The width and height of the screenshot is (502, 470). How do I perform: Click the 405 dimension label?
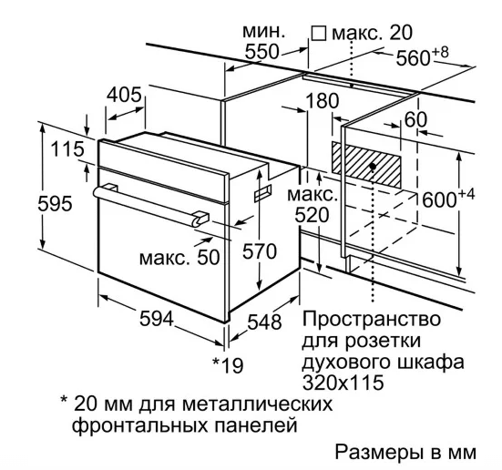tap(124, 95)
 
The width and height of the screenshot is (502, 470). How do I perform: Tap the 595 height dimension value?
tap(55, 204)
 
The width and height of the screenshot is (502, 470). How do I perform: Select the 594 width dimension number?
tap(157, 318)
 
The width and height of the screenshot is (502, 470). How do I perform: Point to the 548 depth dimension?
tap(264, 322)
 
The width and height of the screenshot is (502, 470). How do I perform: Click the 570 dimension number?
tap(260, 251)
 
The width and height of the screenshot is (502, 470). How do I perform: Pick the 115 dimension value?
tap(67, 149)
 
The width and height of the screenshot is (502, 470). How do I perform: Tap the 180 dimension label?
tap(323, 100)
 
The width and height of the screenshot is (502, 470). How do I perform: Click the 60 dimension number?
tap(415, 119)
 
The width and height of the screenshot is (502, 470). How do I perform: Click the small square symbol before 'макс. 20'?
tap(319, 34)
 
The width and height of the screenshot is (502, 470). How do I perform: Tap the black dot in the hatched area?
tap(373, 166)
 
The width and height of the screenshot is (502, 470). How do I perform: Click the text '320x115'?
tap(343, 382)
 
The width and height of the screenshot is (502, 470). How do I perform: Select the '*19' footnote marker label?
tap(228, 364)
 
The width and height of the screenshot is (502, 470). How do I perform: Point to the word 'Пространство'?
tap(372, 319)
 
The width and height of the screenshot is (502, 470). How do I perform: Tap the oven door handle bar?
tap(151, 207)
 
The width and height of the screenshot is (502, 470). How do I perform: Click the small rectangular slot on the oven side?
tap(263, 193)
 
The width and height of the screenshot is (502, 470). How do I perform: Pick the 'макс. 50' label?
tap(179, 257)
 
